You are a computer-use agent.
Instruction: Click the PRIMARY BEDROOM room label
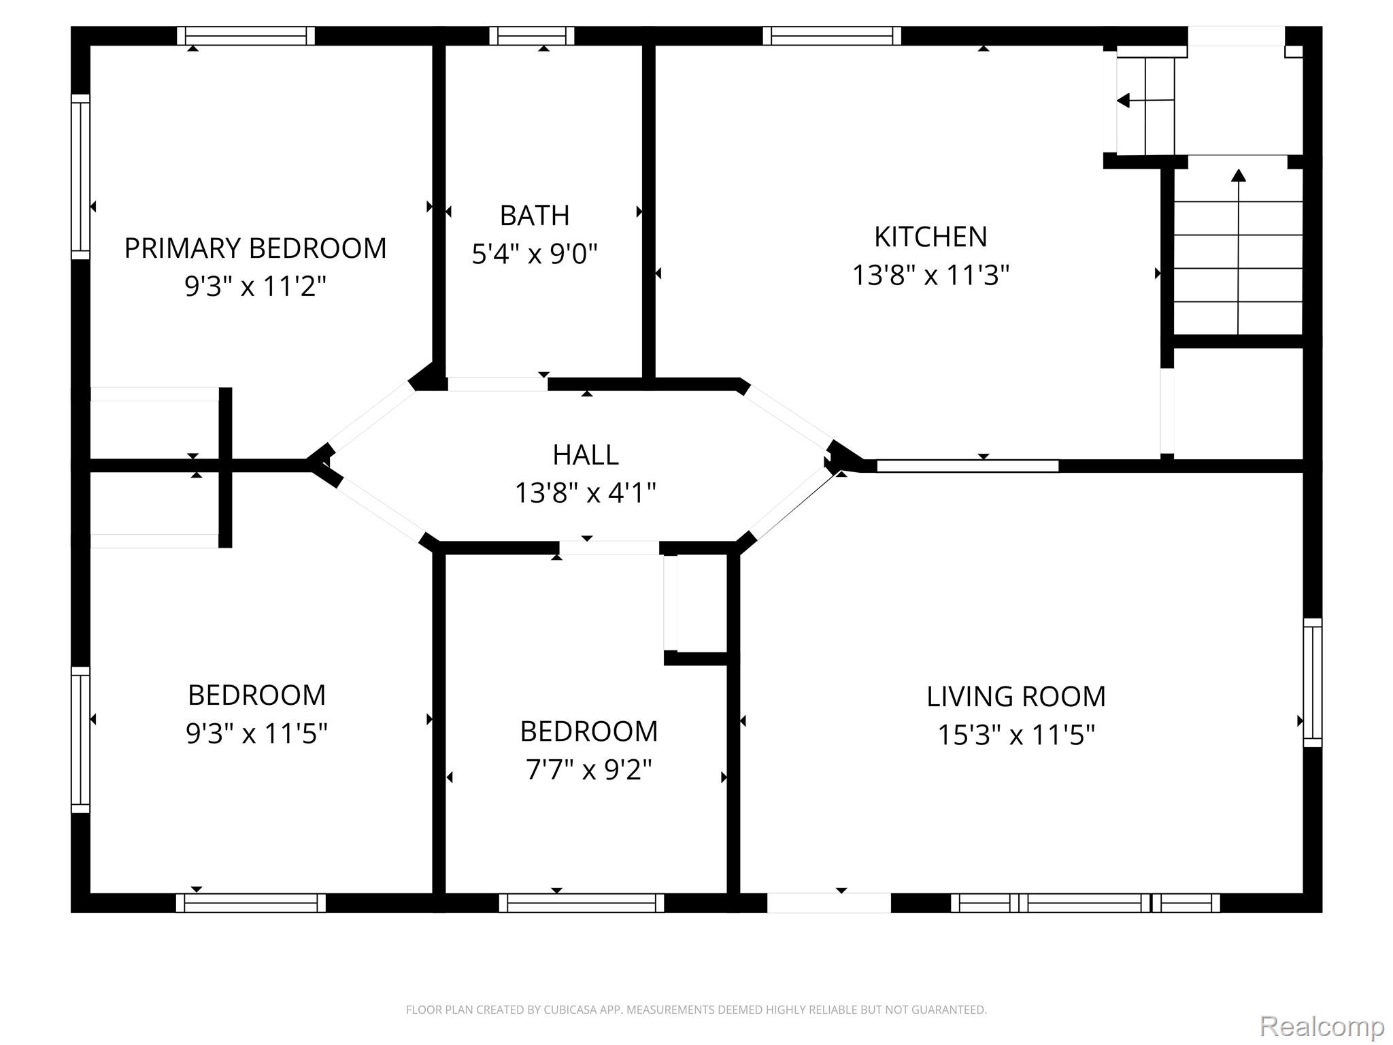coord(255,248)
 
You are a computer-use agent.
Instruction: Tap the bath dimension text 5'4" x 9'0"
coord(535,254)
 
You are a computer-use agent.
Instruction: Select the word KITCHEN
coord(930,237)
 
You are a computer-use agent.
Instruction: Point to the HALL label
coord(586,455)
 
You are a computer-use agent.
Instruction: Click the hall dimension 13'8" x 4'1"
coord(586,493)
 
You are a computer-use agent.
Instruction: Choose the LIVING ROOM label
coord(1016,697)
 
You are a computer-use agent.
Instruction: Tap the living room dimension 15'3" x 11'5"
coord(1016,735)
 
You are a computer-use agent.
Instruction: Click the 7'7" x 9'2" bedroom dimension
coord(589,770)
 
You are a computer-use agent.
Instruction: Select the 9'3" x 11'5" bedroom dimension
coord(256,733)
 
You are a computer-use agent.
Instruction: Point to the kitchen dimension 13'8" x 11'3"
coord(930,276)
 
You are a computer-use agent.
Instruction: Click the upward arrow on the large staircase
coord(1239,252)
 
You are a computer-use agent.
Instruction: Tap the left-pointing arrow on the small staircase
coord(1145,101)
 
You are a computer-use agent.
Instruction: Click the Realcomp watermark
coord(1322,1025)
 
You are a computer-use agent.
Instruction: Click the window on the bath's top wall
coord(532,36)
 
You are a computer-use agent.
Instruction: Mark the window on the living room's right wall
coord(1313,682)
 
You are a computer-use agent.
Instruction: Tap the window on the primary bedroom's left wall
coord(81,177)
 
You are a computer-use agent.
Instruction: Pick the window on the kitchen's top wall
coord(832,36)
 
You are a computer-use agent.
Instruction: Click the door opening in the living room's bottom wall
coord(829,903)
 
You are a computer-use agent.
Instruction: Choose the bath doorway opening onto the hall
coord(497,384)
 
